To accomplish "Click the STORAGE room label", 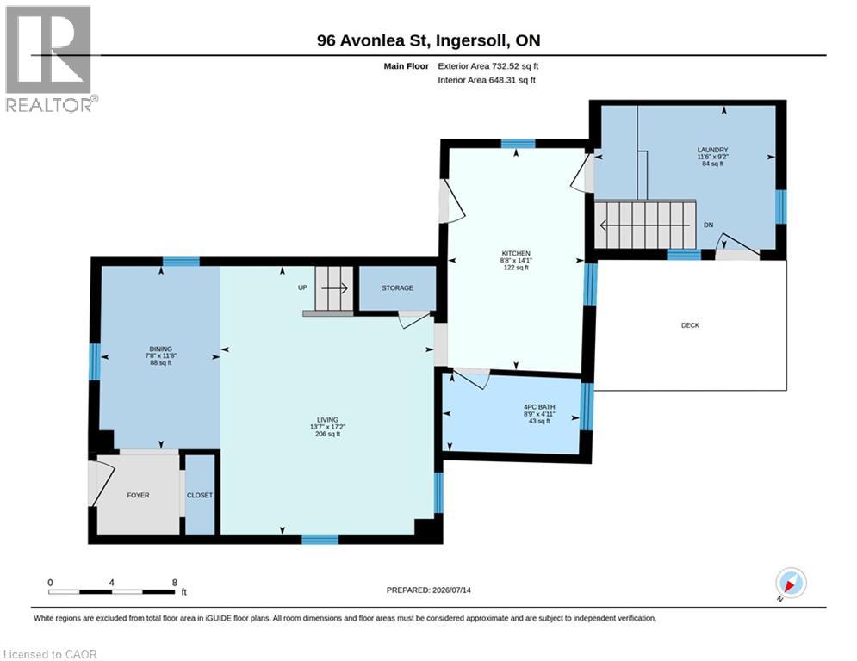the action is pos(397,287).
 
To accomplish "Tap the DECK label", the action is pos(690,325).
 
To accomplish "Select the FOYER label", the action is pos(138,495).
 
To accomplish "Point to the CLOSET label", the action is pos(200,495).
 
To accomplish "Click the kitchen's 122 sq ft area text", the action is pos(516,268).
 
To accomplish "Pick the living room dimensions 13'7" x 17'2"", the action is pos(328,427).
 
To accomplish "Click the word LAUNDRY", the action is pos(712,150).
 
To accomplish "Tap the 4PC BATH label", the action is pos(539,407).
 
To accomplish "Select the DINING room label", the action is pos(161,349).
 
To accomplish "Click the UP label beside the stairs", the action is pos(302,287).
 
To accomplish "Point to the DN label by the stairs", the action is pos(708,225).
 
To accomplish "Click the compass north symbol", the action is pos(791,584).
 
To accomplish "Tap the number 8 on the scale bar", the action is pos(175,583).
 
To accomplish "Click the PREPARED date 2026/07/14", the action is pos(451,590).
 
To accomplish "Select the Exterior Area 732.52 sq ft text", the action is pos(488,66).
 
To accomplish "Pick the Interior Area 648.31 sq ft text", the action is pos(487,80).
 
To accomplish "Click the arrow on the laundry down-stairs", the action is pos(645,225).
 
